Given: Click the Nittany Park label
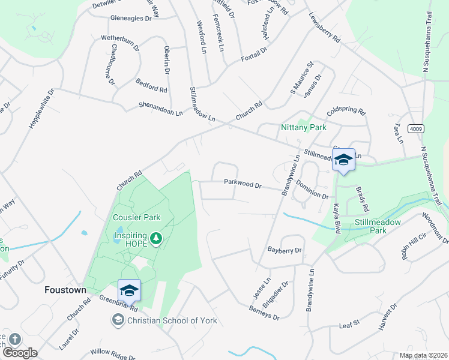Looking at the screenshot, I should [304, 128].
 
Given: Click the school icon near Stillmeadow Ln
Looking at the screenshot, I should [343, 160].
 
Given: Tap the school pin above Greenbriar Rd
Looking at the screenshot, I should [129, 291].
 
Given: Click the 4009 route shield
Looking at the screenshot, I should [414, 128].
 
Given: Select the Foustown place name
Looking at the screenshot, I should [65, 290].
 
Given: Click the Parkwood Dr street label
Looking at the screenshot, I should [243, 183].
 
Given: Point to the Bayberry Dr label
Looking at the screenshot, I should [285, 250].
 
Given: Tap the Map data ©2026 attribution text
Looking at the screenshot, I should [423, 355].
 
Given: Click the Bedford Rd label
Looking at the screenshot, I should [151, 85].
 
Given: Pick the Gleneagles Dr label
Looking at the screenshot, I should [131, 19].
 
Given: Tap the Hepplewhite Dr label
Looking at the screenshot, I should [41, 109].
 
